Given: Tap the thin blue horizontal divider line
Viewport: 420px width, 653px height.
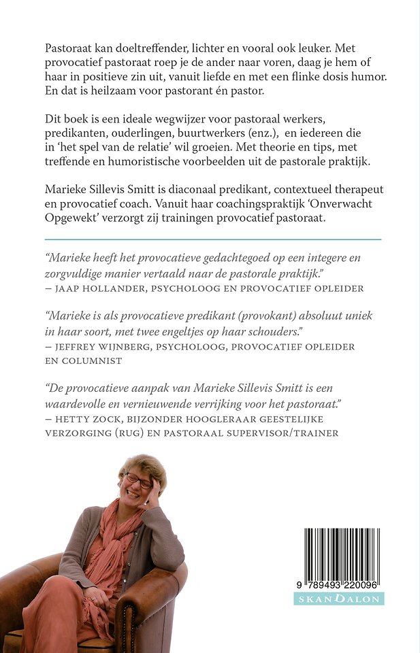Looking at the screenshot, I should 212,239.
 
